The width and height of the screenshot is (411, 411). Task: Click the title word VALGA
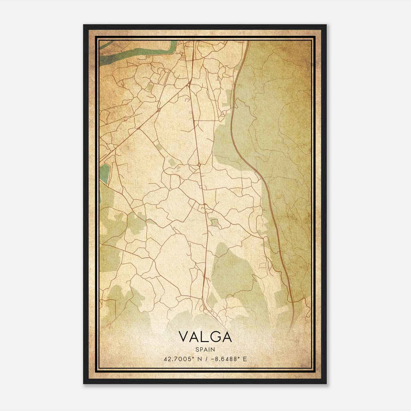pyautogui.click(x=205, y=337)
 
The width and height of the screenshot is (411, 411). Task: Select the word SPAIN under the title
pyautogui.click(x=205, y=349)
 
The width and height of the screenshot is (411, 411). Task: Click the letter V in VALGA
pyautogui.click(x=184, y=337)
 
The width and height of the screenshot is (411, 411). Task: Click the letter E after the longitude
pyautogui.click(x=245, y=359)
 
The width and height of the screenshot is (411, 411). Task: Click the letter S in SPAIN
pyautogui.click(x=197, y=349)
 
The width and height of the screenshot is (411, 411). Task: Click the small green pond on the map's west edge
pyautogui.click(x=105, y=171)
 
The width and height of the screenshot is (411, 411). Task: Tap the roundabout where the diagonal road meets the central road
pyautogui.click(x=189, y=84)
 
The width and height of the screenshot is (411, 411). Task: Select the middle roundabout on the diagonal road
pyautogui.click(x=159, y=110)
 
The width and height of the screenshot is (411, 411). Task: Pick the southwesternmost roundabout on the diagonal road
pyautogui.click(x=139, y=128)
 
